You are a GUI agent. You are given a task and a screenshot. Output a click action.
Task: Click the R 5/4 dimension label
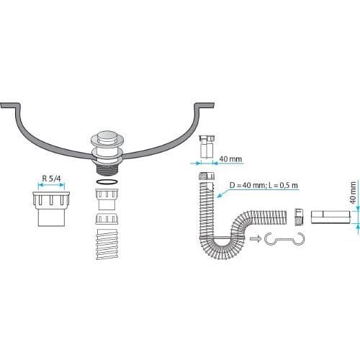point(52,179)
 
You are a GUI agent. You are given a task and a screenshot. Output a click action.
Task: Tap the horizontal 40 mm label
point(230,159)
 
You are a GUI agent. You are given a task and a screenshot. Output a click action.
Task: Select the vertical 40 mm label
point(353,193)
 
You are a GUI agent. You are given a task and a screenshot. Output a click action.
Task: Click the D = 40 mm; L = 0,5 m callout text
point(264,185)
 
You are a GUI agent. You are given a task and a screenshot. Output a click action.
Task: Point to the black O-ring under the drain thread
point(107,182)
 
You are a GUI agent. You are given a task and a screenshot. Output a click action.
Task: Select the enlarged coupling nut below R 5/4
point(51,209)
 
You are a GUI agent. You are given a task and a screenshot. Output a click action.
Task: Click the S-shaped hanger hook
point(284,239)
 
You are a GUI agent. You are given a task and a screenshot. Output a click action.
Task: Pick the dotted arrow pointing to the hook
point(256,238)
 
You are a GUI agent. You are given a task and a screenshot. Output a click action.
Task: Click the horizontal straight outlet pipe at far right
point(330,217)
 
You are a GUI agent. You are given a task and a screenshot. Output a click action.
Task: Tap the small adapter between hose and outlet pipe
point(299,217)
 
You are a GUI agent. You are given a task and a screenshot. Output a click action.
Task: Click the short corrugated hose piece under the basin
point(107,244)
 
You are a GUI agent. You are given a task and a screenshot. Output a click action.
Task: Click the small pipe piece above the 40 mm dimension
point(207,147)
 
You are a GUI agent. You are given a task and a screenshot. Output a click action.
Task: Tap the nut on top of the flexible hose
point(207,176)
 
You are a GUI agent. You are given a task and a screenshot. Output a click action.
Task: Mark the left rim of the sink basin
point(10,105)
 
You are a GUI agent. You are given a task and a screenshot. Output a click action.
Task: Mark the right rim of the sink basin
point(204,105)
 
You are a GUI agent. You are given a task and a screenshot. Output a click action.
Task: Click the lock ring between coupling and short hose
point(107,218)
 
